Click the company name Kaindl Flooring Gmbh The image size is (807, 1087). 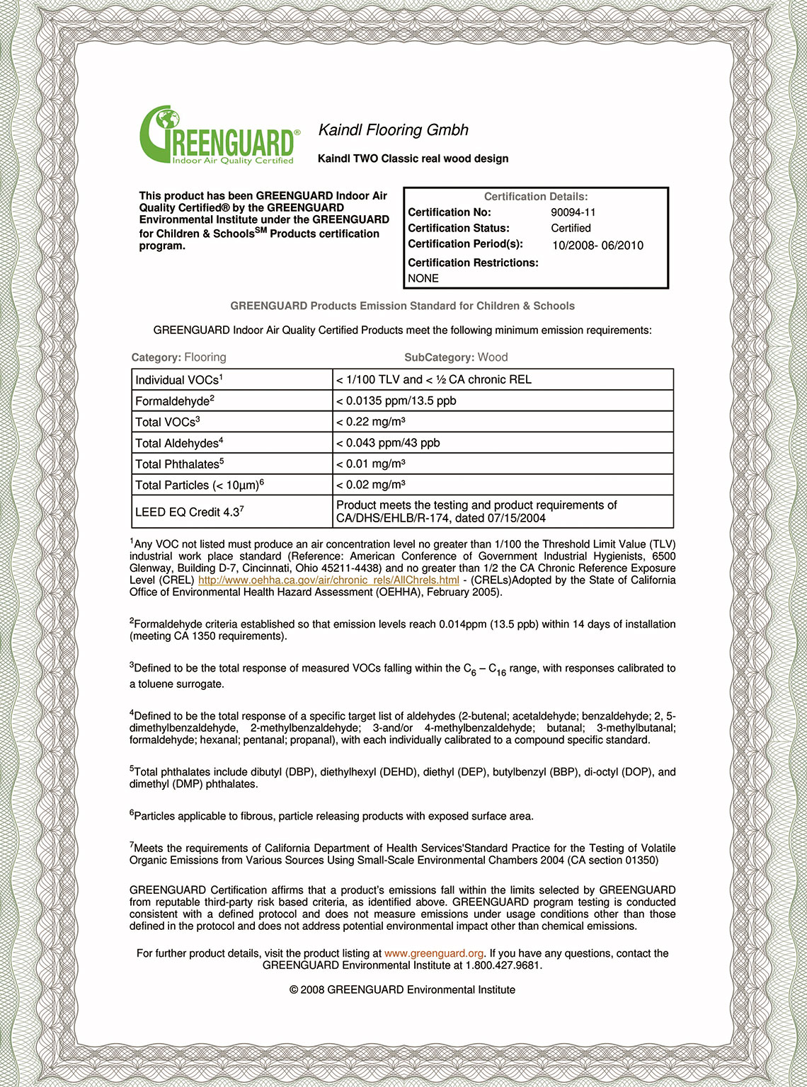point(394,130)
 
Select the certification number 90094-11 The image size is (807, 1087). point(573,212)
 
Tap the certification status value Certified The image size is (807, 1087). point(571,228)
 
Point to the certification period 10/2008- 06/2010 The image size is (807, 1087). point(597,246)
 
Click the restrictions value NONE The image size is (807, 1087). point(423,278)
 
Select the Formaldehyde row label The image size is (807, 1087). point(174,401)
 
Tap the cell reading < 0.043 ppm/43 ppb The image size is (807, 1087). point(388,443)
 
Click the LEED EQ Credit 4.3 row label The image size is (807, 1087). point(190,512)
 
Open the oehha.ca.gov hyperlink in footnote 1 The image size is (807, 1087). point(328,580)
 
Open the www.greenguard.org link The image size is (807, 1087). point(434,953)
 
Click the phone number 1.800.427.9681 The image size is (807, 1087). point(503,965)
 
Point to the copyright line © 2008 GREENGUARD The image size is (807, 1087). point(402,989)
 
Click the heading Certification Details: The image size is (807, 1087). point(536,197)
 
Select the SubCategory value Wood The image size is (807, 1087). point(493,357)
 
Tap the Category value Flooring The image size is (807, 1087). point(205,357)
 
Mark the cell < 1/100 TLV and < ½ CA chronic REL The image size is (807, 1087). point(434,379)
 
